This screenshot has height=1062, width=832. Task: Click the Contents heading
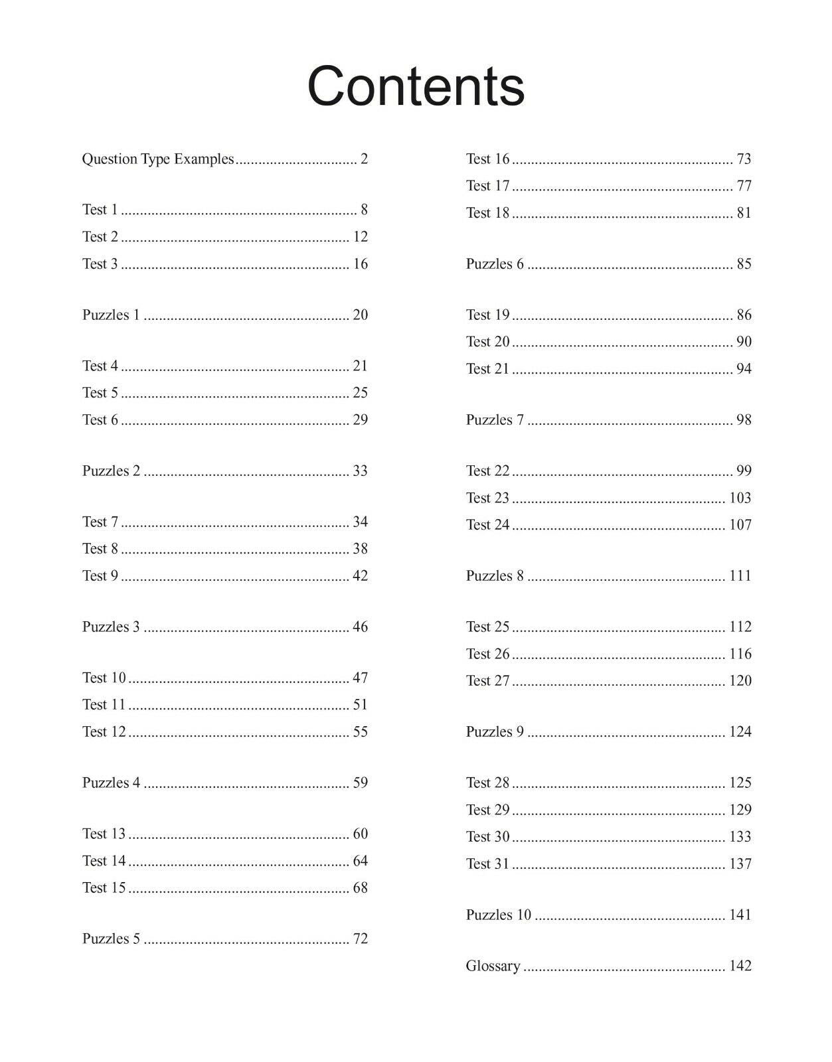pos(416,86)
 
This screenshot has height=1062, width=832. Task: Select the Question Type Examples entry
pos(158,159)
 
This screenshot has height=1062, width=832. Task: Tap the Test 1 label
pos(100,210)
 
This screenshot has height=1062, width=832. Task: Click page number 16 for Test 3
pos(360,264)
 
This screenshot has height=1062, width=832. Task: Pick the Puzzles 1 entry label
pos(111,315)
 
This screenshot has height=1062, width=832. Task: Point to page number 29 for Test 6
pos(360,419)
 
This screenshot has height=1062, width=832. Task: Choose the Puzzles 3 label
pos(111,627)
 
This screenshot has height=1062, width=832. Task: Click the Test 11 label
pos(104,704)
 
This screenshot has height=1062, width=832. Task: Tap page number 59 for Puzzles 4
pos(360,783)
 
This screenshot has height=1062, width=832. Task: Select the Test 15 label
pos(104,887)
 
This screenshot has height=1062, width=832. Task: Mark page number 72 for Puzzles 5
pos(360,939)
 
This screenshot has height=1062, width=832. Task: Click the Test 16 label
pos(487,159)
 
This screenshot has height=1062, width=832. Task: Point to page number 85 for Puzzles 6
pos(744,264)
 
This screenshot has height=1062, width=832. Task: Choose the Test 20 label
pos(487,342)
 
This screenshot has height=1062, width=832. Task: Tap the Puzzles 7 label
pos(495,419)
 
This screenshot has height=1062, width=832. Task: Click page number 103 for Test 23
pos(740,498)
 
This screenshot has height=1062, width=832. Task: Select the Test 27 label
pos(487,680)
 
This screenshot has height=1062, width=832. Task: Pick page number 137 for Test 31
pos(740,864)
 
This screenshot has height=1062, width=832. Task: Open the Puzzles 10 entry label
pos(499,915)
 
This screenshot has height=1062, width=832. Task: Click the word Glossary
pos(493,966)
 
